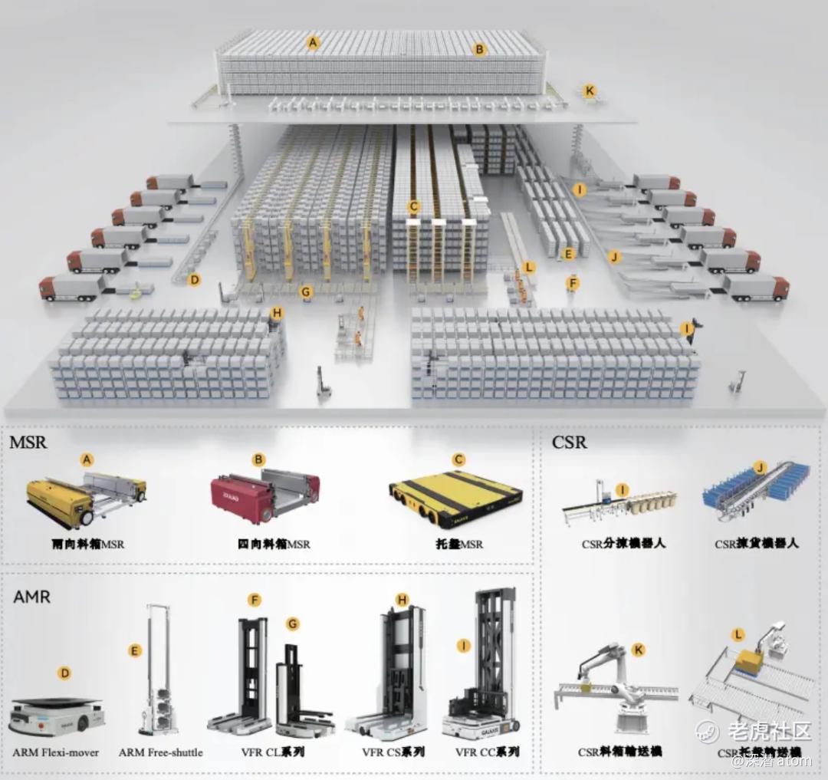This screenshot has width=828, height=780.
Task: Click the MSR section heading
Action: (x=28, y=443)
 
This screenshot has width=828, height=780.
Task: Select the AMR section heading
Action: (x=31, y=596)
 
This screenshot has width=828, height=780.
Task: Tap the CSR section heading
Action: (x=569, y=443)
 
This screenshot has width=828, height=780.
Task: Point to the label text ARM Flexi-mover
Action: (x=56, y=752)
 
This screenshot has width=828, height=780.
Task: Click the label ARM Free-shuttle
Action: (x=160, y=752)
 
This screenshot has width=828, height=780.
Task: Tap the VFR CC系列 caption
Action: (x=487, y=752)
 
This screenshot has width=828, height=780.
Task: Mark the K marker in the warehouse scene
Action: (x=590, y=91)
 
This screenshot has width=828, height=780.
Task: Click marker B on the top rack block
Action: (x=480, y=50)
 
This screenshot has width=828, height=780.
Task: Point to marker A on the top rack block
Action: (x=312, y=42)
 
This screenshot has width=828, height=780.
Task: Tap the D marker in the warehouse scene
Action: (x=195, y=280)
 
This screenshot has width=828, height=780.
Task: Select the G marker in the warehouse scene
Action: (x=307, y=291)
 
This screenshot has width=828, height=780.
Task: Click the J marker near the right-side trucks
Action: (x=614, y=257)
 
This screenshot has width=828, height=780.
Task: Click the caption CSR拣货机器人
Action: (x=757, y=543)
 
